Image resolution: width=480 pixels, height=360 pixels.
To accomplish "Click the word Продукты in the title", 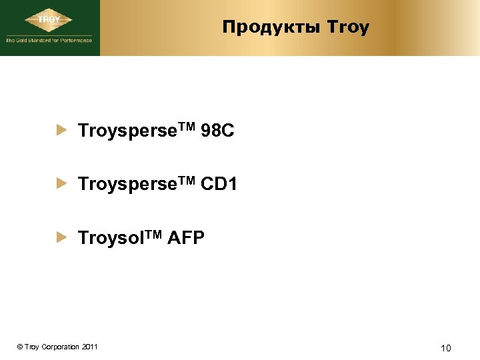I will tap(272, 27).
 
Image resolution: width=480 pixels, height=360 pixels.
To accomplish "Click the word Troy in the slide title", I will tap(348, 27).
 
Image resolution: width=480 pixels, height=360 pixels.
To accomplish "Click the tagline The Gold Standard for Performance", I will tap(49, 40).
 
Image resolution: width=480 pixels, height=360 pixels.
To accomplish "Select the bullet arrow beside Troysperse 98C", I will tap(62, 131).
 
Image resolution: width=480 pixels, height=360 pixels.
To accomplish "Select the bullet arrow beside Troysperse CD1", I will tap(62, 183).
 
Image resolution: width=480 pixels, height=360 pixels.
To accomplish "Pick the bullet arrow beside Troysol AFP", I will tap(62, 236).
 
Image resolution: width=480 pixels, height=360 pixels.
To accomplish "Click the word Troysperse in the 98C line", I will tap(119, 132).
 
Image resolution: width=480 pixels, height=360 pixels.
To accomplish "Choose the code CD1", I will tap(218, 184).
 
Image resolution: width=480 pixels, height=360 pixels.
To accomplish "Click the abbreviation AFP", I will tap(186, 237).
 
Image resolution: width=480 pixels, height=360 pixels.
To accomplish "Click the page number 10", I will tap(446, 347).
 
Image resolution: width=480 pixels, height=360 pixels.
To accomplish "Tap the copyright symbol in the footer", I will tap(20, 347).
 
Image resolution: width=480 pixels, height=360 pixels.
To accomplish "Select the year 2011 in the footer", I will tap(90, 347).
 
